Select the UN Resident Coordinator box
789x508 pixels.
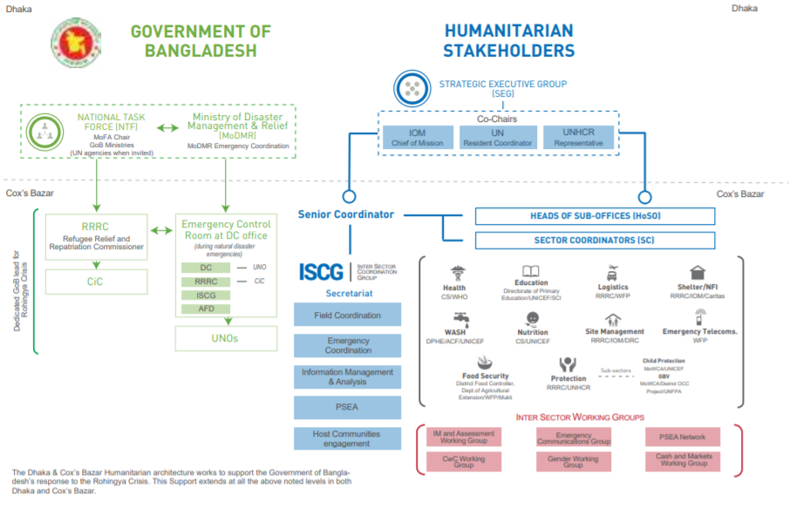coord(497,137)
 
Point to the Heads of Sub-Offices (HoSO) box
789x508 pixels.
coord(595,216)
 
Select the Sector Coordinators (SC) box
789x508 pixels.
coord(595,240)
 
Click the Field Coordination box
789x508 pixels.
coord(348,315)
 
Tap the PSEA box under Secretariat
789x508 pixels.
coord(348,407)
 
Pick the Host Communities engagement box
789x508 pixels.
coord(348,438)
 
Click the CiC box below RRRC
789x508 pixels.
coord(94,281)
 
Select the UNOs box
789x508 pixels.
coord(226,337)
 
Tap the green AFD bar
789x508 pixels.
coord(206,308)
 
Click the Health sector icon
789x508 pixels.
coord(454,273)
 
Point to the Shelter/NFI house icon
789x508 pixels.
coord(697,273)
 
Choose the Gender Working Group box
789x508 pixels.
coord(573,461)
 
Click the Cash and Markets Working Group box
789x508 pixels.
coord(683,460)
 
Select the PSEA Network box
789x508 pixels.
coord(683,437)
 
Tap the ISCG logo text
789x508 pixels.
coord(322,271)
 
